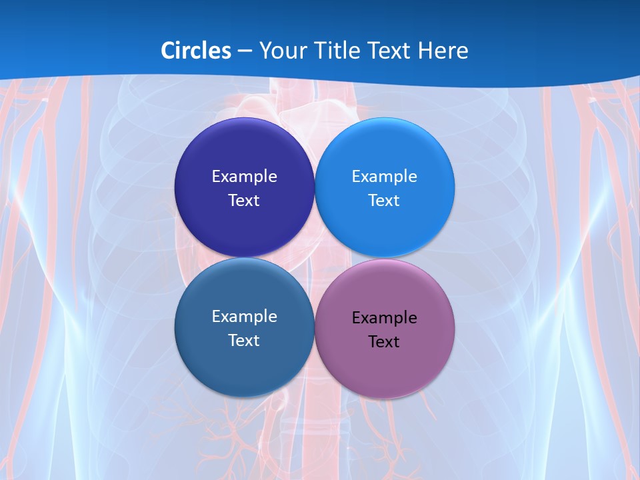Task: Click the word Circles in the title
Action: [195, 51]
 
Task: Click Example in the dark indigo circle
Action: [244, 177]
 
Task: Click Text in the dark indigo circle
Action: [244, 200]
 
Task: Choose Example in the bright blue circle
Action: [384, 177]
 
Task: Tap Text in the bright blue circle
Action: [384, 200]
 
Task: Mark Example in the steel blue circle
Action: [244, 317]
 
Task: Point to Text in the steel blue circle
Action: [244, 340]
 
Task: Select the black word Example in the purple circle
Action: [384, 318]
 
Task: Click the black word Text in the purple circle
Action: [384, 341]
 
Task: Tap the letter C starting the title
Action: [168, 51]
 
